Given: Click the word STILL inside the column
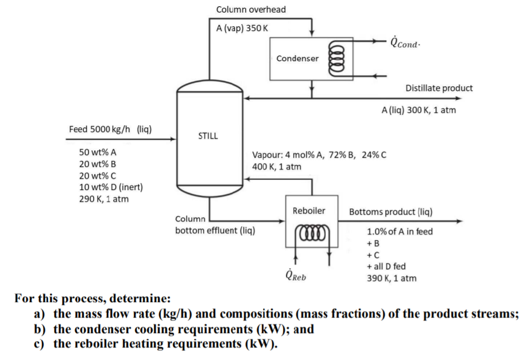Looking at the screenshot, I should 208,137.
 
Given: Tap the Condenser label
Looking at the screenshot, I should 297,59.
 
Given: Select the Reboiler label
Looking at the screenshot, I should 309,211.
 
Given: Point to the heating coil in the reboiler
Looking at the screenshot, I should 309,235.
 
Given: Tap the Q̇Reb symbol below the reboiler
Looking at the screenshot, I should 296,274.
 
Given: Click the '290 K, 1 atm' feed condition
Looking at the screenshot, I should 104,199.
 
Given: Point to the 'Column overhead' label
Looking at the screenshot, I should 251,10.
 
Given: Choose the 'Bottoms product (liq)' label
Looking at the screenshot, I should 390,211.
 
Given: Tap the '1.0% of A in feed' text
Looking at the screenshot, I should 400,232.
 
